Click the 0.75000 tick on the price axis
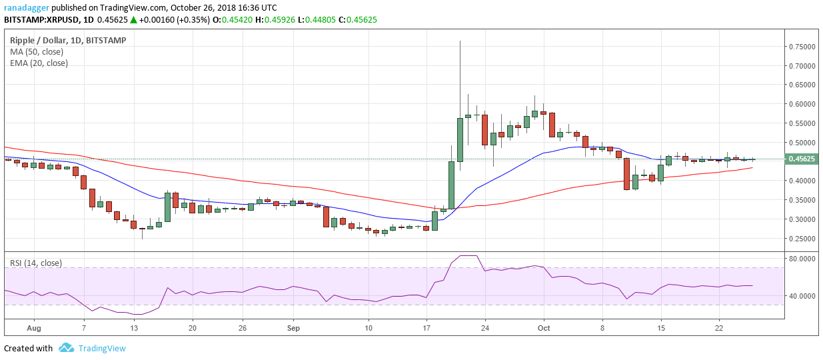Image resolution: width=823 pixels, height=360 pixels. [804, 47]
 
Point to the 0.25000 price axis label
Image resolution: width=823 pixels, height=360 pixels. [804, 239]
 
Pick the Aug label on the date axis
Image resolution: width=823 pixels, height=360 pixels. [35, 328]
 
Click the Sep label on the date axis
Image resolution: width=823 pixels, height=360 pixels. [293, 328]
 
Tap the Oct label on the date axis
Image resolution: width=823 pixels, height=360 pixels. [544, 328]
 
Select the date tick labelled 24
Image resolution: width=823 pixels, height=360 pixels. [485, 328]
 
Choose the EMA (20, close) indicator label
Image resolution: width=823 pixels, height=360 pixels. [39, 63]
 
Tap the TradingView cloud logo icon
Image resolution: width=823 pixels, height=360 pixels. [66, 348]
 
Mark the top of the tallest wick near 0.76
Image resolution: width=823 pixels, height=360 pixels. [460, 41]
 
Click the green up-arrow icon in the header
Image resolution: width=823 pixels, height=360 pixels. [133, 20]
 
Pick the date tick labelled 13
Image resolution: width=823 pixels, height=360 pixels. [134, 328]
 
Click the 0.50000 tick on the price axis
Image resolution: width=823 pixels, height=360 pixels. [804, 143]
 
